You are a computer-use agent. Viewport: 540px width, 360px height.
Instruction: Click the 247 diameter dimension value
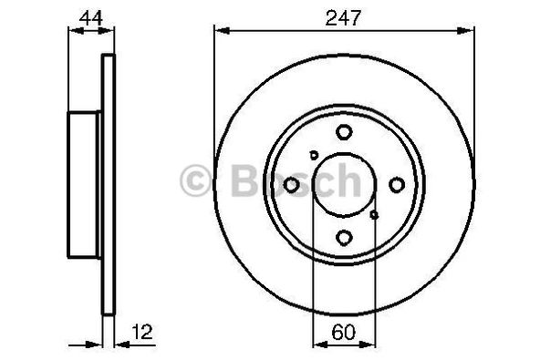click(344, 15)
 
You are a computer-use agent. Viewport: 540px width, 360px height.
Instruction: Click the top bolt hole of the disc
click(344, 132)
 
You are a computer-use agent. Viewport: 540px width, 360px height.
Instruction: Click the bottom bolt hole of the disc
click(344, 238)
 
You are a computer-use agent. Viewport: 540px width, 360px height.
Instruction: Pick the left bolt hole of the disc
click(291, 185)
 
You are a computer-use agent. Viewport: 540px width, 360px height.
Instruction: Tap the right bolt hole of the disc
click(397, 185)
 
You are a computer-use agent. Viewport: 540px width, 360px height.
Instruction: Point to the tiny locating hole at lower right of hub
click(375, 216)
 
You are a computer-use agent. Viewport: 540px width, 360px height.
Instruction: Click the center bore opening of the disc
click(344, 185)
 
